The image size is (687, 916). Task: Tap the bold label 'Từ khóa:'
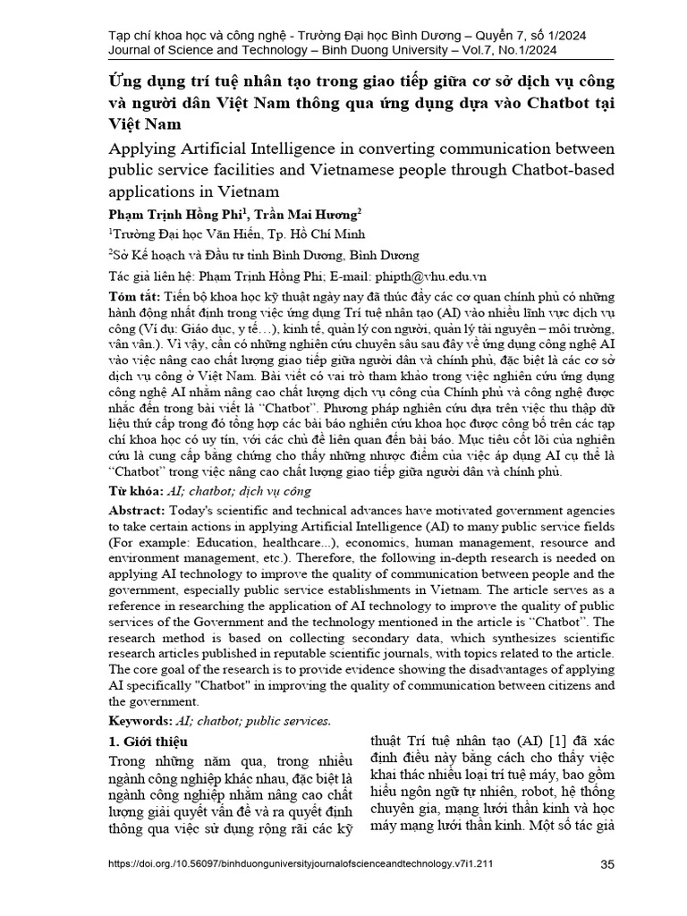pyautogui.click(x=136, y=491)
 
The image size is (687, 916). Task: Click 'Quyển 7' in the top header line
pyautogui.click(x=496, y=34)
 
